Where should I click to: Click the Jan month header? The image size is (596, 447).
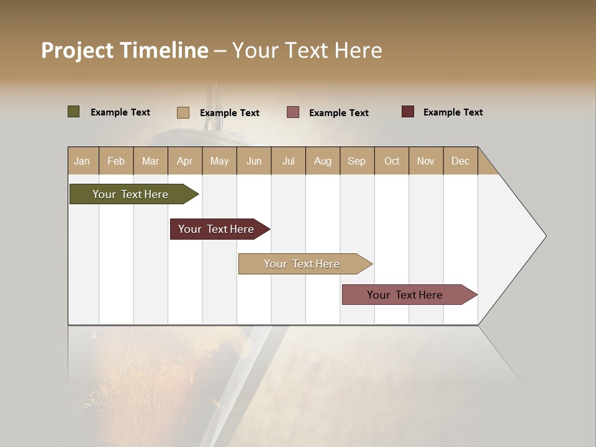(82, 161)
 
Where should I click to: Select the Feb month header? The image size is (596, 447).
(116, 161)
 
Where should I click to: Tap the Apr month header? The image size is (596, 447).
(184, 161)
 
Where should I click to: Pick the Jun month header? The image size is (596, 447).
(254, 161)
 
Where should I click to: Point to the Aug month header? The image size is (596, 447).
(322, 161)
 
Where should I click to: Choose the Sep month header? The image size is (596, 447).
(356, 161)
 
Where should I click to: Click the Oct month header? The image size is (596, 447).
(392, 161)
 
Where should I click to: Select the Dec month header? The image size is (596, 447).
(460, 161)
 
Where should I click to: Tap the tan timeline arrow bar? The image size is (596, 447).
(302, 264)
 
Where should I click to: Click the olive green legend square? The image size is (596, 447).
(73, 112)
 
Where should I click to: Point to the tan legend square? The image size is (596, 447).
(183, 112)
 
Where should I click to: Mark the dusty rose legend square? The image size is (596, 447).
(293, 112)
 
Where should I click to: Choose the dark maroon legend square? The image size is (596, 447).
(407, 112)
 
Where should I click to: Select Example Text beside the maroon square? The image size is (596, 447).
(453, 112)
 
